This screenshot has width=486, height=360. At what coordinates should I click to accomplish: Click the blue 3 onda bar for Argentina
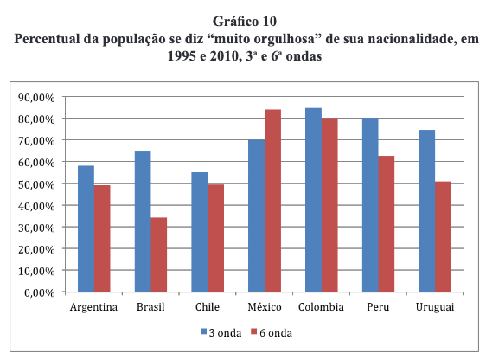(x=86, y=228)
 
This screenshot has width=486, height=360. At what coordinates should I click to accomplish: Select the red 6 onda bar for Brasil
(x=159, y=255)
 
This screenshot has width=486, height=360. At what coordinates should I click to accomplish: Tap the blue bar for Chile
(x=200, y=232)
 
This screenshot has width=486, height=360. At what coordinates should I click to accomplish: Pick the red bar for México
(x=272, y=201)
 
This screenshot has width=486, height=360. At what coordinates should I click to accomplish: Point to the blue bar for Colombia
(x=313, y=200)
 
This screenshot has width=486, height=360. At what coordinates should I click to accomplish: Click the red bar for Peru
(x=387, y=224)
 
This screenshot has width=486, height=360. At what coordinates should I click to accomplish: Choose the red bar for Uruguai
(x=444, y=237)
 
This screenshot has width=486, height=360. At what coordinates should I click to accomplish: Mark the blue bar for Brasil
(x=143, y=222)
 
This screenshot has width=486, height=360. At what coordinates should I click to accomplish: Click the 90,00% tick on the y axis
(x=36, y=98)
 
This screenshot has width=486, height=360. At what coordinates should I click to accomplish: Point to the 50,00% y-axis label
(x=36, y=184)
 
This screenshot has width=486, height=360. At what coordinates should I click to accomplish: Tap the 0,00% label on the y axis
(x=40, y=292)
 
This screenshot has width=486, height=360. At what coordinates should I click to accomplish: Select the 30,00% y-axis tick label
(x=36, y=228)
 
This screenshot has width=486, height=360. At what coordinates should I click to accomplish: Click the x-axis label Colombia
(x=321, y=307)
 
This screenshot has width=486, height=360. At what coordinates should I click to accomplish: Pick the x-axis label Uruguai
(x=435, y=307)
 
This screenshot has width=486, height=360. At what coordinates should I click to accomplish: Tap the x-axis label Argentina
(x=93, y=307)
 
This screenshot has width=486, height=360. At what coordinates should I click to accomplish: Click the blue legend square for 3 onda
(x=203, y=331)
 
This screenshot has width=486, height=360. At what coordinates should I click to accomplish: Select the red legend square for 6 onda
(x=254, y=331)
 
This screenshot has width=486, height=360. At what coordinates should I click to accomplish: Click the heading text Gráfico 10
(x=245, y=21)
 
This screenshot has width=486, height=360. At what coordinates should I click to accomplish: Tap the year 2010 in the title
(x=224, y=56)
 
